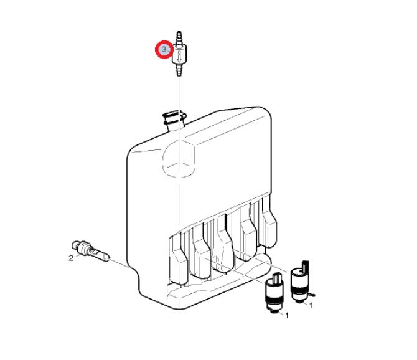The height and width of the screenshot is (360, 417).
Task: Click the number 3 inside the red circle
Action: pos(164,49)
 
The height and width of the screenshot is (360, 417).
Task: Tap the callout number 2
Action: pos(71,258)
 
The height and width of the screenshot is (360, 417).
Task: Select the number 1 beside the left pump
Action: pos(286,316)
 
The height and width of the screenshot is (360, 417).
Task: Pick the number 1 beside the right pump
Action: pos(311,305)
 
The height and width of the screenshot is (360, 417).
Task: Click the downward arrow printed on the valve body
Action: pos(179,57)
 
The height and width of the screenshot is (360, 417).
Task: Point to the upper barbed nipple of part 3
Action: pos(179,37)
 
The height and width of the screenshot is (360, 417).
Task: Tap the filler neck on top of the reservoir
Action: pos(174,120)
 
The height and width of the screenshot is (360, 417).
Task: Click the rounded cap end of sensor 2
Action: pos(75,245)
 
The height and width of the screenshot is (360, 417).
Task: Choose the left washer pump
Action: pos(274,293)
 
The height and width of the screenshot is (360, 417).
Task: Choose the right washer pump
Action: pos(301,283)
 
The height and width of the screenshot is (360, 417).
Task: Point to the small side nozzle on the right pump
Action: pos(312,294)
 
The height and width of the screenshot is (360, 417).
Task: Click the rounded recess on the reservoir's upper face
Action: pos(179,159)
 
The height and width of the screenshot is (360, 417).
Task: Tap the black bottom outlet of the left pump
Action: pos(274,311)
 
